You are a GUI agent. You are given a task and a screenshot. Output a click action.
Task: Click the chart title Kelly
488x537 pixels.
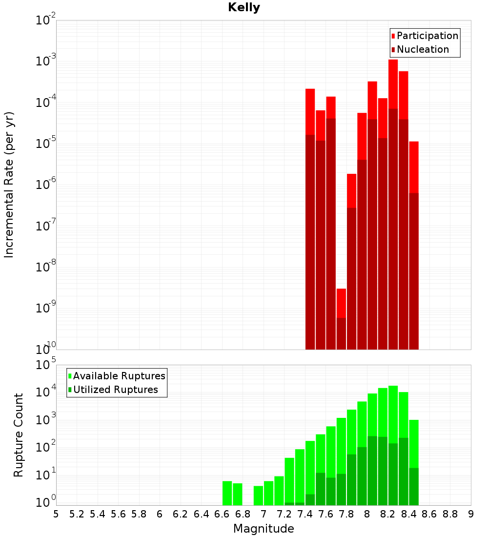pos(244,8)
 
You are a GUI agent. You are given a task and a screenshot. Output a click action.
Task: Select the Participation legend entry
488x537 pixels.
pos(427,36)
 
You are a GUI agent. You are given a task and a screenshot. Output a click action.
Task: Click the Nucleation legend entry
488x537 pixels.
pos(423,49)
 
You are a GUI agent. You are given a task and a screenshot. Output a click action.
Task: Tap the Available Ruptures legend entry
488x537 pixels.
pos(119,376)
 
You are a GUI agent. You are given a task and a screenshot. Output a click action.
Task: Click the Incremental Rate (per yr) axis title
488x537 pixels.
pos(9,185)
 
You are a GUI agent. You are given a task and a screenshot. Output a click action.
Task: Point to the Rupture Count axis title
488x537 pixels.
pos(19,435)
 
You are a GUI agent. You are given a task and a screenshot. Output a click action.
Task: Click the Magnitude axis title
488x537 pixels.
pos(264,529)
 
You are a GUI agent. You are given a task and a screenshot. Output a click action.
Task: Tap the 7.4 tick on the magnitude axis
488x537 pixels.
pos(305,514)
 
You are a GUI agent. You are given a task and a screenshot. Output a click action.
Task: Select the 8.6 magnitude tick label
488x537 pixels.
pos(429,514)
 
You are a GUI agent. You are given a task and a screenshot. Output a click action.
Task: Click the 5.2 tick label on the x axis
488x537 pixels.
pos(77,514)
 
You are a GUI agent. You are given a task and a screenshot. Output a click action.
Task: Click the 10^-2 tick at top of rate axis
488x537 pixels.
pos(46,21)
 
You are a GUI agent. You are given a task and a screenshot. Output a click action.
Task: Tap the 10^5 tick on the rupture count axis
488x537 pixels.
pos(46,365)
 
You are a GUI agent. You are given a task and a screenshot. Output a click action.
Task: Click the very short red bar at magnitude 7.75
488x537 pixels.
pos(341,303)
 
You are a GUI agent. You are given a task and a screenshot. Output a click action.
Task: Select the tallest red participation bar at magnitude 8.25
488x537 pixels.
pos(393,83)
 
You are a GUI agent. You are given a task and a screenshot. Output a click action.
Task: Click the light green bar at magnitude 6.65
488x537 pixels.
pos(227,493)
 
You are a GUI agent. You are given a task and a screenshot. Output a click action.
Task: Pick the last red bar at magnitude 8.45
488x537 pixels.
pos(414,166)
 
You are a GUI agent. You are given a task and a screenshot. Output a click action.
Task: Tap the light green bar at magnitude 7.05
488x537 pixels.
pos(268,493)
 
